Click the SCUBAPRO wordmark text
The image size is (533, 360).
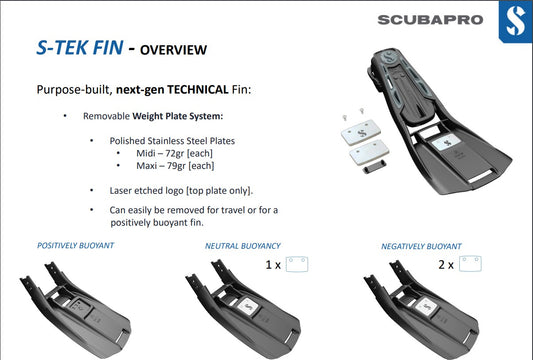click(430, 20)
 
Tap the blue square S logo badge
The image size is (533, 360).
click(515, 22)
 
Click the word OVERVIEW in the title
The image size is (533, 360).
click(173, 50)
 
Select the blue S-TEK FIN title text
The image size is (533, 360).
click(80, 47)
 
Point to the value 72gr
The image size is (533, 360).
click(175, 154)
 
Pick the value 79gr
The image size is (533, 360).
click(176, 166)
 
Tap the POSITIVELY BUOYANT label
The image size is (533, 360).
click(75, 245)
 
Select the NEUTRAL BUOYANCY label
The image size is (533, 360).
click(243, 246)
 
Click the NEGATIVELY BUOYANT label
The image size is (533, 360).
click(421, 246)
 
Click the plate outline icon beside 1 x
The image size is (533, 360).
click(297, 264)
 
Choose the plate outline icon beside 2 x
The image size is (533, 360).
click(470, 264)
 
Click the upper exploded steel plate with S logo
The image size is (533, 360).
click(361, 132)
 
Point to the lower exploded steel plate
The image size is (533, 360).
click(369, 153)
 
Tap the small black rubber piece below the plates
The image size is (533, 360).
click(374, 167)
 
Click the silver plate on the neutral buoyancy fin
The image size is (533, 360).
click(248, 306)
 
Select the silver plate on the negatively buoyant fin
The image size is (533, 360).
click(426, 306)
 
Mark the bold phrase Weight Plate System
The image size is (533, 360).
click(177, 116)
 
